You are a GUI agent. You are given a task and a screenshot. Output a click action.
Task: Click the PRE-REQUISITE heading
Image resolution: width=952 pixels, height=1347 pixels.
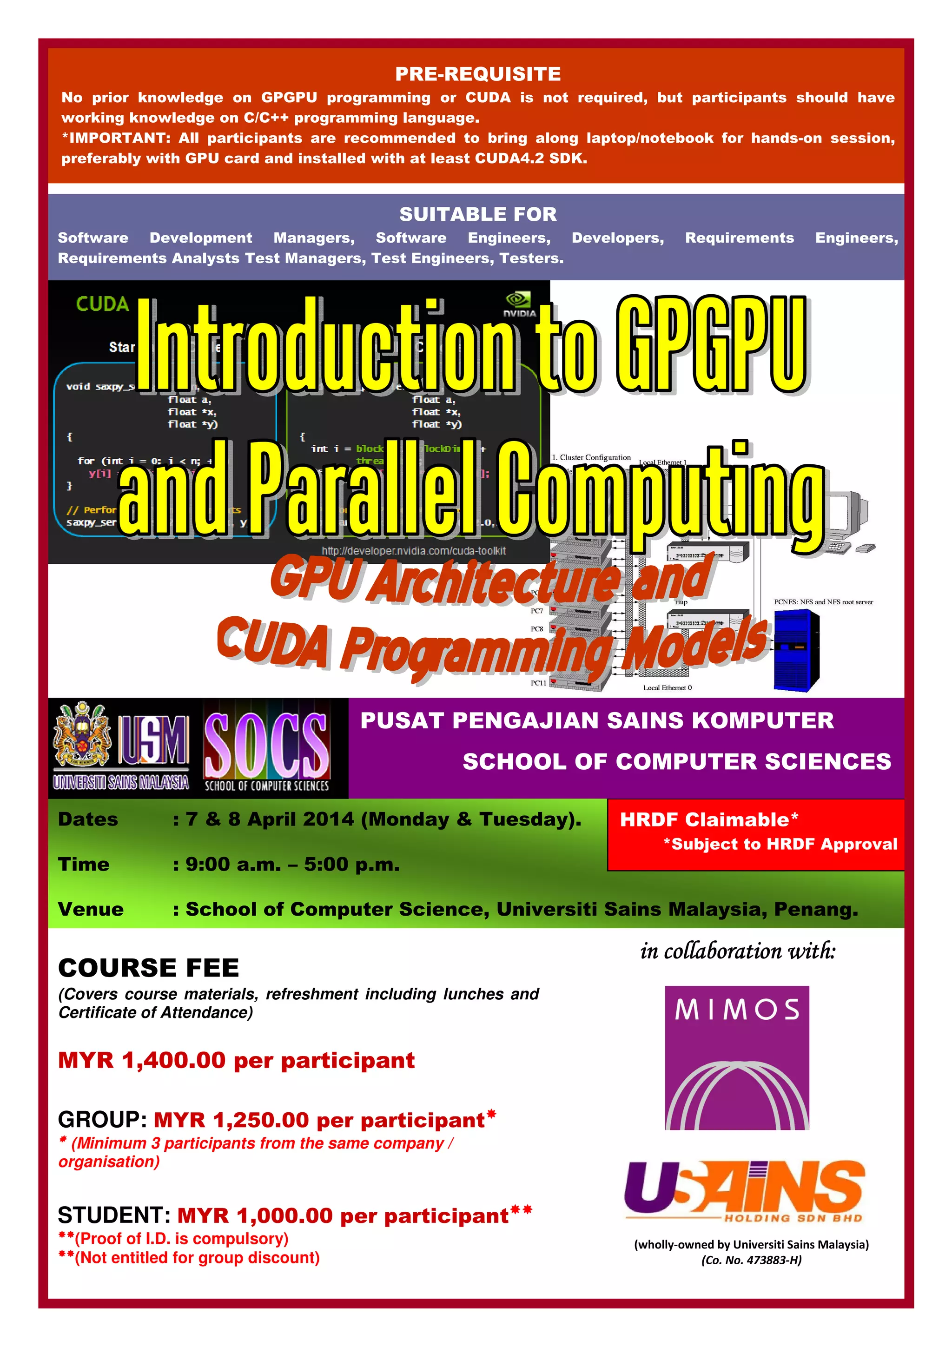(477, 74)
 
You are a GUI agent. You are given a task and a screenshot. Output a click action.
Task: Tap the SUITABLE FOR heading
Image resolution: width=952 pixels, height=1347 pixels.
(477, 214)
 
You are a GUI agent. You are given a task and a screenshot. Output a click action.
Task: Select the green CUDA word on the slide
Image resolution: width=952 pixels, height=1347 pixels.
(102, 304)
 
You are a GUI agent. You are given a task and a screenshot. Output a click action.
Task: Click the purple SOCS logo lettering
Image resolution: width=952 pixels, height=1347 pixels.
(266, 745)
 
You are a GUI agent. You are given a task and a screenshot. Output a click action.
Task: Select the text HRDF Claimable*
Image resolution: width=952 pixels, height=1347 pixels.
(708, 819)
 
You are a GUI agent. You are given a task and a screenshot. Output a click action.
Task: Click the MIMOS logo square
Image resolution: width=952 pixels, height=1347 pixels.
(737, 1057)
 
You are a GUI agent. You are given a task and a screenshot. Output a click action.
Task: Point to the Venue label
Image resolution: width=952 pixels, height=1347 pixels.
(91, 909)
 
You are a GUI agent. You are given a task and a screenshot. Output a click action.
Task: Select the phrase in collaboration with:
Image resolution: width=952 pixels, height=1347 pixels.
(737, 951)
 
